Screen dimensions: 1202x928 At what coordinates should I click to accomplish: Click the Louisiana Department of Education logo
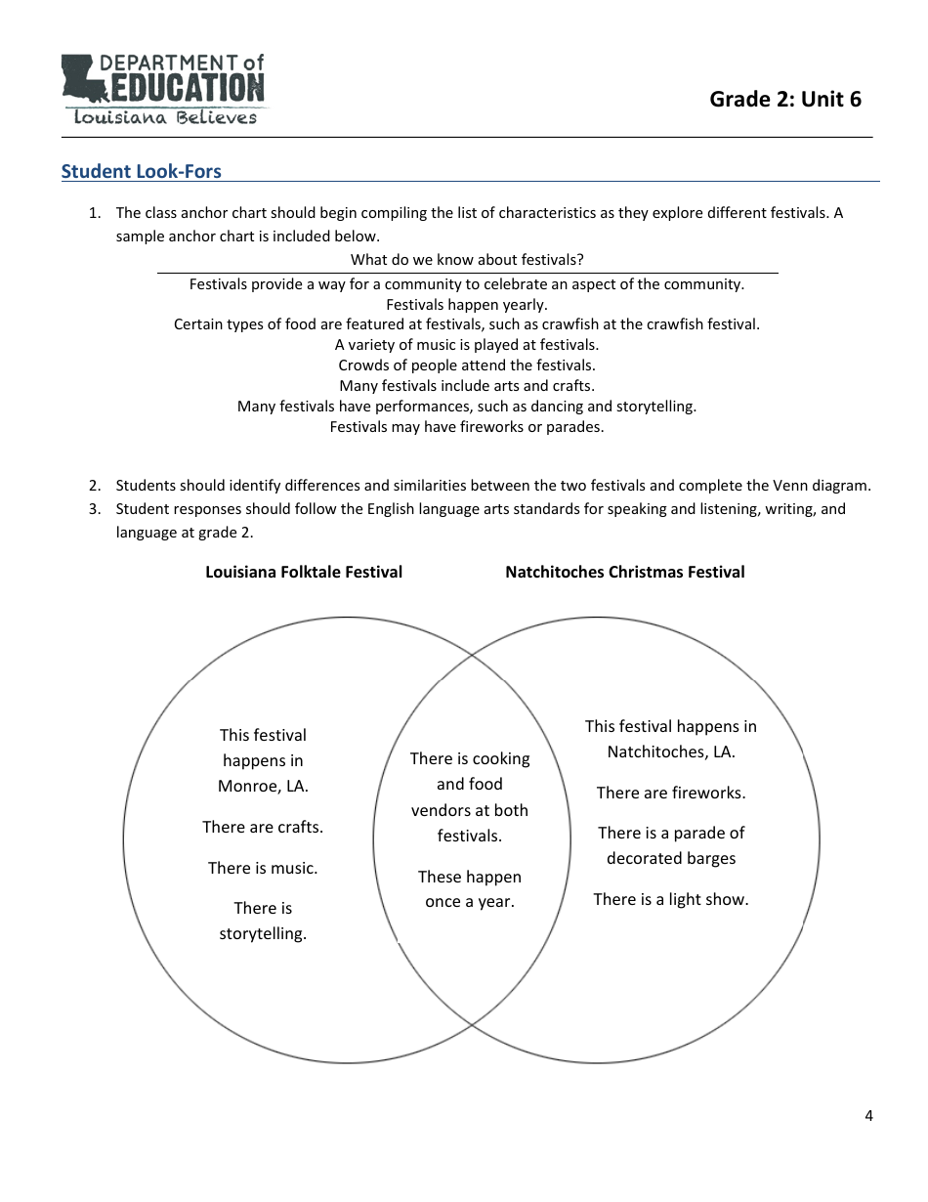pos(162,89)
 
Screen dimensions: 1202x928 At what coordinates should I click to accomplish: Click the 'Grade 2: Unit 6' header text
pos(785,99)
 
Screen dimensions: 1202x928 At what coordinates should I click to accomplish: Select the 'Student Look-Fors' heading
pos(142,172)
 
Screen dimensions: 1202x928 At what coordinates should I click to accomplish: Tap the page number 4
pos(868,1116)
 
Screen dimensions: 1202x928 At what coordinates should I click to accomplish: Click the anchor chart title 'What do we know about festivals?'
pos(467,260)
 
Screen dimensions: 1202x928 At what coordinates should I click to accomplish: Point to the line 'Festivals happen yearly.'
pos(467,304)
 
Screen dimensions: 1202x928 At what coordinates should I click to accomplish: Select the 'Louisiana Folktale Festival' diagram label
pos(304,573)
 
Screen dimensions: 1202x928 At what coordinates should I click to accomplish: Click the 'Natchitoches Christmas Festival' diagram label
pos(624,573)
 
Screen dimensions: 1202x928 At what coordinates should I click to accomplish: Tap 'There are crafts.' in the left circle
pos(263,828)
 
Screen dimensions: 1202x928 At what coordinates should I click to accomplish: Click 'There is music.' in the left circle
pos(263,869)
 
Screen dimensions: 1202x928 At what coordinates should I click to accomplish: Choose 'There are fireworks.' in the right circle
pos(671,794)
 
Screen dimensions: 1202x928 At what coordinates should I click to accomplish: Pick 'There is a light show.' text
pos(671,900)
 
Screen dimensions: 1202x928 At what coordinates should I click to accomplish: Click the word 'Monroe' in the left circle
pos(248,787)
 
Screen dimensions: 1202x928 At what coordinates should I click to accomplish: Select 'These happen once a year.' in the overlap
pos(470,889)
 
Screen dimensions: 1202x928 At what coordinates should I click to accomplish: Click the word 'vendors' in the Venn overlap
pos(442,811)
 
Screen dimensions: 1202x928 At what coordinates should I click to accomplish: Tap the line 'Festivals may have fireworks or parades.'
pos(467,427)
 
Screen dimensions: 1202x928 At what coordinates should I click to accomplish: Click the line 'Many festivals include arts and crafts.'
pos(467,386)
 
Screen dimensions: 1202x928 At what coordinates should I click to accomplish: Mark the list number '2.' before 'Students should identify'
pos(95,486)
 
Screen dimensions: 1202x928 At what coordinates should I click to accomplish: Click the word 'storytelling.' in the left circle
pos(263,934)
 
